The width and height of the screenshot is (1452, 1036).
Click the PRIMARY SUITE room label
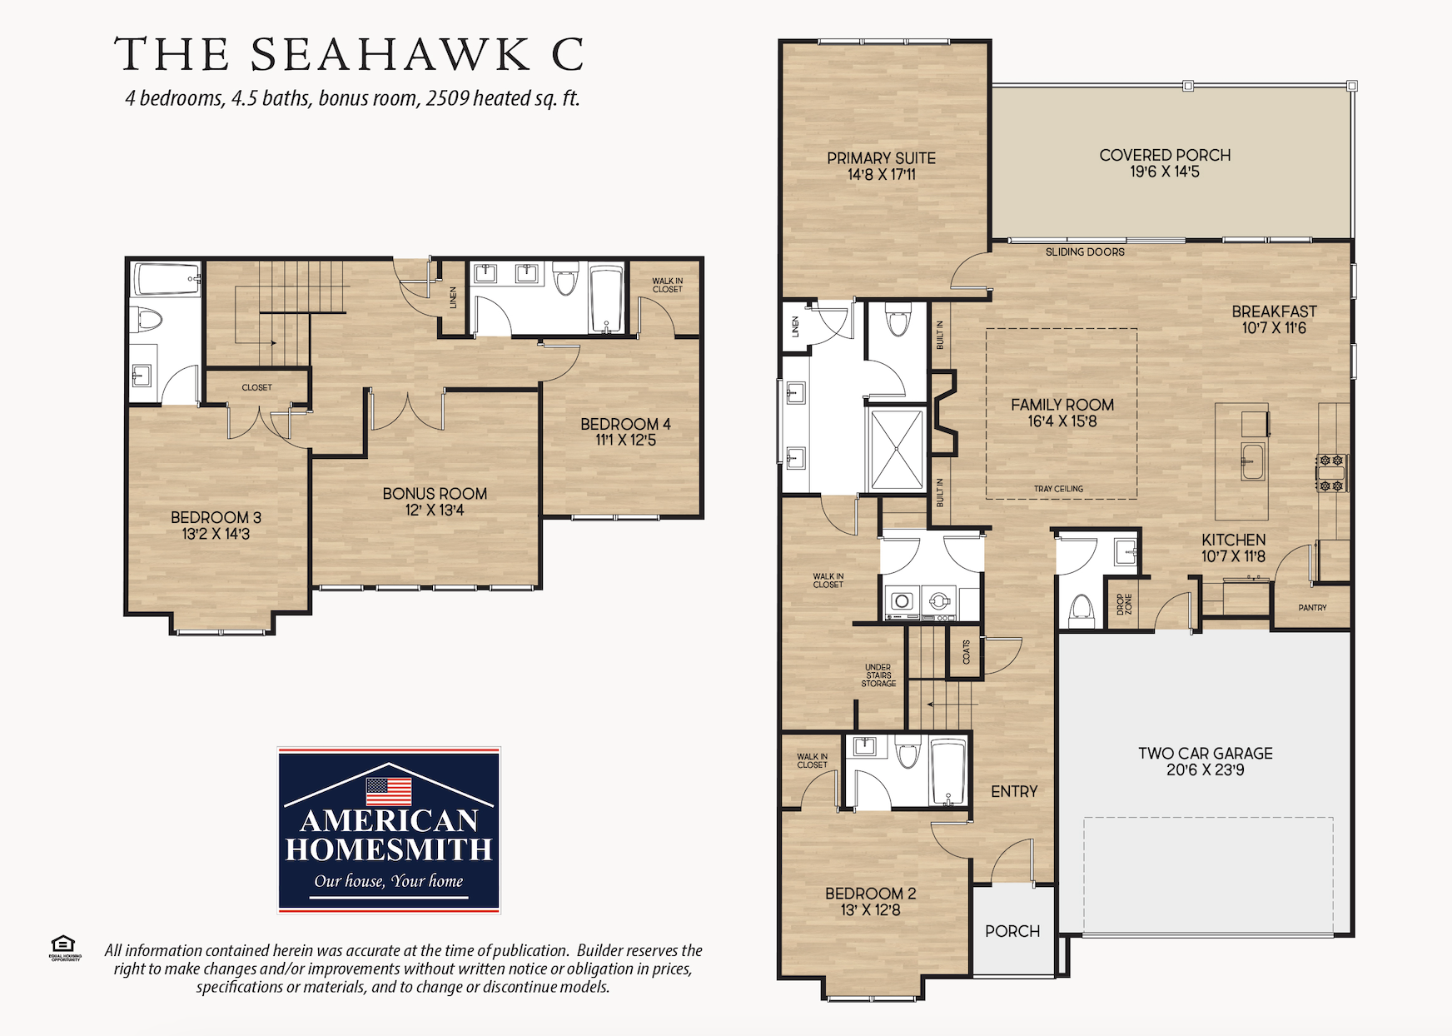pos(881,158)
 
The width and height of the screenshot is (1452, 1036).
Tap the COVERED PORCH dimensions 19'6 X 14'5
pos(1165,172)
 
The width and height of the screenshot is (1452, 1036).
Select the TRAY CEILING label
pos(1058,489)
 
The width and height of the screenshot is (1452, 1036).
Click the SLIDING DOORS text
pos(1085,252)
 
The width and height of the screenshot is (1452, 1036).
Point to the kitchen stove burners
pos(1331,472)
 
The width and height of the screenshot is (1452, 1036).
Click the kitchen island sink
pos(1252,461)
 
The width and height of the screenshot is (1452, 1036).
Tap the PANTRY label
pos(1312,608)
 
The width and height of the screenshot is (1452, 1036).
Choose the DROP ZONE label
pos(1125,605)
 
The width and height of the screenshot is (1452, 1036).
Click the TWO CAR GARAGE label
pos(1206,754)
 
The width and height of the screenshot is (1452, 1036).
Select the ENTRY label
pos(1014,792)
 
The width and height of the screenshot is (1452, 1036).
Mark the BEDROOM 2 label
pos(870,894)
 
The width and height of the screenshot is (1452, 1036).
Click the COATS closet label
pos(966,652)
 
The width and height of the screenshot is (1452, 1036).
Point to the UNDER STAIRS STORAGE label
pos(878,675)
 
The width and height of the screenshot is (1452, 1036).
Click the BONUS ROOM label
pos(435,494)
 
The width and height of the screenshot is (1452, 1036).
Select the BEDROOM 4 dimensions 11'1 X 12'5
pos(625,441)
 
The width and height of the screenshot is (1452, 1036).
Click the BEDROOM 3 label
pos(216,518)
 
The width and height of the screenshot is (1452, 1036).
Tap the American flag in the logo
pos(389,790)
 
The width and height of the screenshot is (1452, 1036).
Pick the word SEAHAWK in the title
pos(390,55)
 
